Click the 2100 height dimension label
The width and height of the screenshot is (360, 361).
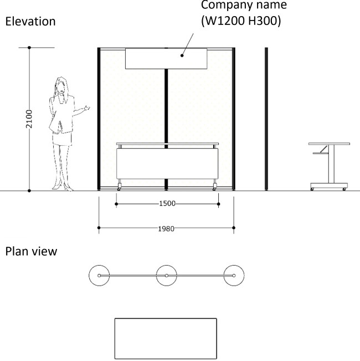click(x=29, y=119)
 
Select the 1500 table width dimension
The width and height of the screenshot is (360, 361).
click(x=167, y=204)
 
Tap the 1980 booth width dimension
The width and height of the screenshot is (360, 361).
click(x=166, y=228)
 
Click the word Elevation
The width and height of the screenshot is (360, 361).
click(x=30, y=22)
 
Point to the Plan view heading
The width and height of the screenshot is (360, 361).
click(x=31, y=251)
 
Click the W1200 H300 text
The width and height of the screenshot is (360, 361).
click(x=241, y=21)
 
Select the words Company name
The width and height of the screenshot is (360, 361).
click(x=244, y=5)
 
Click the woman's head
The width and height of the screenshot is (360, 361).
click(x=61, y=85)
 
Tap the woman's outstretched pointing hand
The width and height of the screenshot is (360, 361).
click(x=86, y=108)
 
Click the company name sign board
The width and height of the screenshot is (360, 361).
click(x=166, y=58)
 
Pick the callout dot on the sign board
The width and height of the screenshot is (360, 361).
click(x=182, y=55)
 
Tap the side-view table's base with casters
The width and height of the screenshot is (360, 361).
click(x=329, y=186)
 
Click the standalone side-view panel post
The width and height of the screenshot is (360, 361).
click(x=266, y=119)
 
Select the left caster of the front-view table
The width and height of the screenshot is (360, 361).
click(x=119, y=187)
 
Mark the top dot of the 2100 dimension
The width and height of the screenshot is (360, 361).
click(x=29, y=48)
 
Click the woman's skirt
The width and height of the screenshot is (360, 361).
click(x=62, y=139)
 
